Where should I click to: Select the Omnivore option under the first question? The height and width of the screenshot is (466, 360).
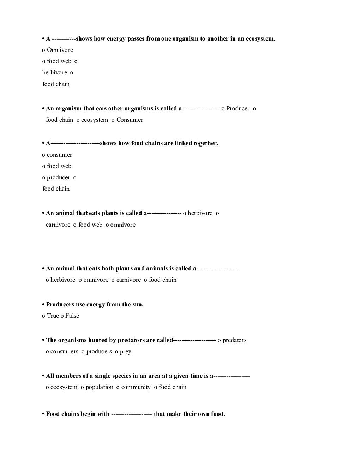(60, 50)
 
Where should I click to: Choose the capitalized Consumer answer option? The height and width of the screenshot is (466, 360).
(130, 120)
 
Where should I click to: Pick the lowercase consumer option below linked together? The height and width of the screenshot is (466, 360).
(59, 155)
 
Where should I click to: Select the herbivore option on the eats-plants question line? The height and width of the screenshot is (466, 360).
(200, 213)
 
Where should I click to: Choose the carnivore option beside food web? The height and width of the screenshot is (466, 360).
(58, 225)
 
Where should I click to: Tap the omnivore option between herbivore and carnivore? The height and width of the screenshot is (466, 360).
(96, 280)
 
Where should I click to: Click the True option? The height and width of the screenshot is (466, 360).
(53, 316)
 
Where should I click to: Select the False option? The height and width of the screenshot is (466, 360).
(72, 316)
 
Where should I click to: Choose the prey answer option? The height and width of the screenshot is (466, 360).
(125, 352)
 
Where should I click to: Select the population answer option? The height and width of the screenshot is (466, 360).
(99, 387)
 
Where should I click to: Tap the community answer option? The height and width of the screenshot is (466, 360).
(136, 387)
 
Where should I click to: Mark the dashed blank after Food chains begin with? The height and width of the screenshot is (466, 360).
(131, 414)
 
